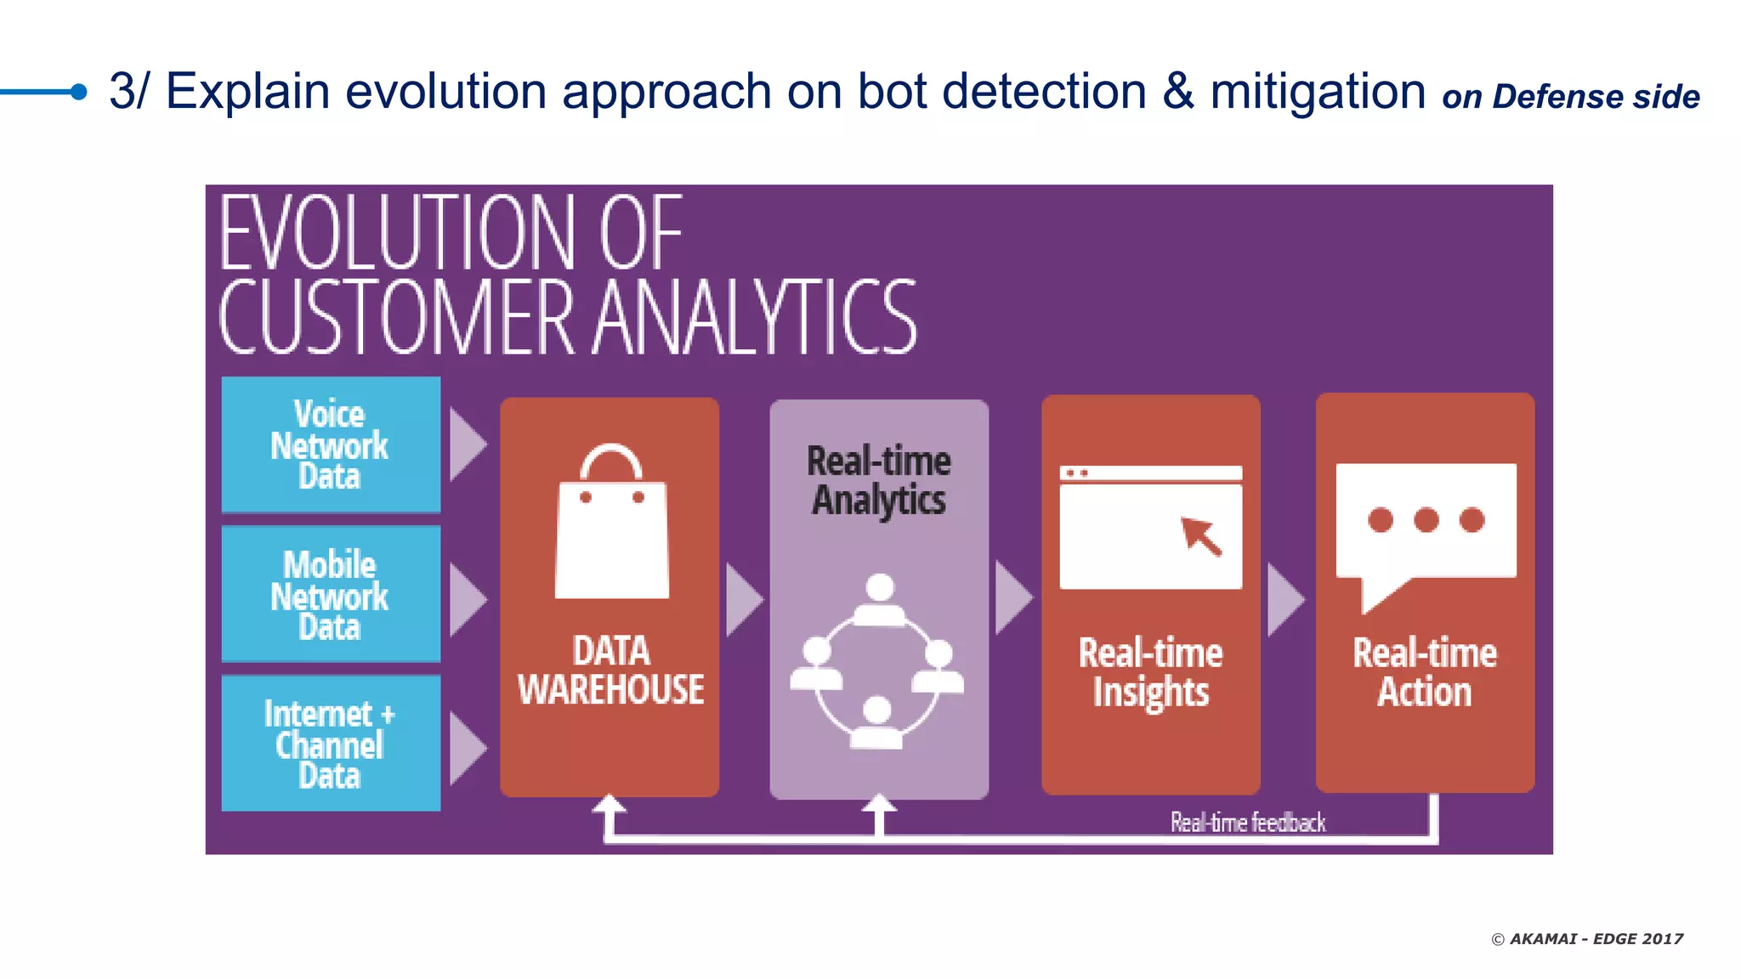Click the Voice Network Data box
point(331,444)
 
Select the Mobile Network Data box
point(331,595)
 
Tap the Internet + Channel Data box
point(331,744)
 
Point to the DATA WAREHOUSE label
point(610,671)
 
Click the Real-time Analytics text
point(878,480)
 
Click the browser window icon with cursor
point(1150,527)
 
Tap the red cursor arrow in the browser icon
point(1201,536)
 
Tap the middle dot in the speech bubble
point(1426,519)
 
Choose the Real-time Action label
point(1425,672)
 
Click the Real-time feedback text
point(1247,822)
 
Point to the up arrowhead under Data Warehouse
point(609,804)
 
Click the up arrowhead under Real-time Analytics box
point(879,804)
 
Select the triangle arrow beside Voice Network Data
point(467,444)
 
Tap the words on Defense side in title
point(1570,97)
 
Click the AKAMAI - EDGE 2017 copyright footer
point(1586,939)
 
